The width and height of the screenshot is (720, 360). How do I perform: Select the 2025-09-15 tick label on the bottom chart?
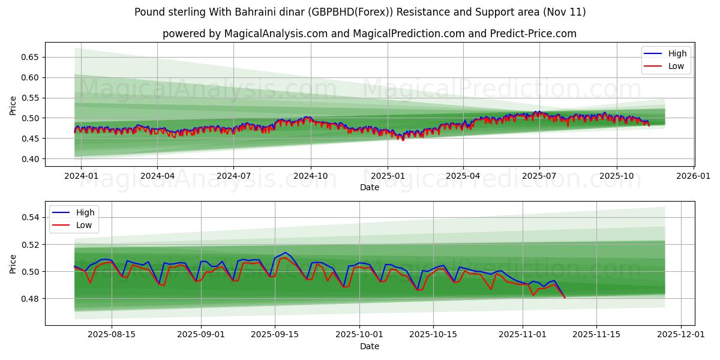click(275, 335)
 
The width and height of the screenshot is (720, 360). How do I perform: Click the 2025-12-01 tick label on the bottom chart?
click(681, 335)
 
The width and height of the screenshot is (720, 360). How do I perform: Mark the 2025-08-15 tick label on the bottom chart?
click(110, 335)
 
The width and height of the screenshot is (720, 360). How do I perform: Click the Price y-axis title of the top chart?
click(13, 106)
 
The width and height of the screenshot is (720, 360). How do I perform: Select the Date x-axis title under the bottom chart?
click(369, 346)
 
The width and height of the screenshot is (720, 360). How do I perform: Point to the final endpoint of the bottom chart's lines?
click(565, 298)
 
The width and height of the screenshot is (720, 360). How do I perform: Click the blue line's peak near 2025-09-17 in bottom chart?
click(286, 253)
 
